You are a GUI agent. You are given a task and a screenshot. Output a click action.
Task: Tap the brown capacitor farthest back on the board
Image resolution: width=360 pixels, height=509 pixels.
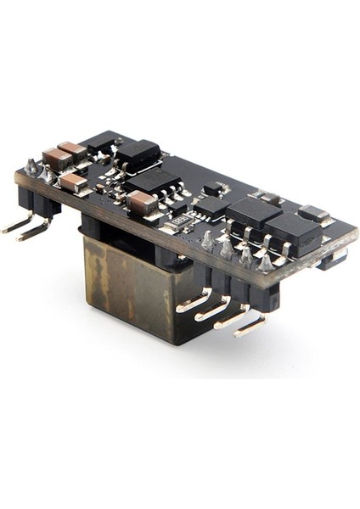coord(72,150)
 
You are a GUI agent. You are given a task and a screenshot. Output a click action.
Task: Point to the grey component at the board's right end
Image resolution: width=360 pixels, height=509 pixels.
coord(316,213)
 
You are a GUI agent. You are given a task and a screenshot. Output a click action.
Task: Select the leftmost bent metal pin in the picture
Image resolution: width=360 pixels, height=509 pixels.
coord(16,226)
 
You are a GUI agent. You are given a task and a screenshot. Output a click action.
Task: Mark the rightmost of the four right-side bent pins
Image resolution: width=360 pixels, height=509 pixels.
coord(250,324)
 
